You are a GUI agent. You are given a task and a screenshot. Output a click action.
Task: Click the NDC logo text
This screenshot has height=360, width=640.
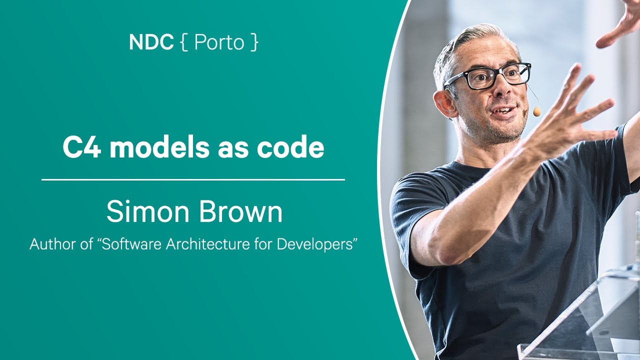coord(151,42)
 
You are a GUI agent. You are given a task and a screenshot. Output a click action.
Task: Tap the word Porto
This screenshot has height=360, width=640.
coord(219,42)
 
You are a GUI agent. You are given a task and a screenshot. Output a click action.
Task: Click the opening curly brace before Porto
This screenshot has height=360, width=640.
coord(184,42)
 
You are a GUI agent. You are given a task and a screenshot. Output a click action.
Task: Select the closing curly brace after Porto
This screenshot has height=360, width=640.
coord(254,42)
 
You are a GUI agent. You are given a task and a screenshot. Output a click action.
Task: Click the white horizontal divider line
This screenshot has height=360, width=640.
coord(193,179)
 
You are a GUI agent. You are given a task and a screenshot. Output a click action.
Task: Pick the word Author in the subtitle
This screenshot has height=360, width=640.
coord(53,244)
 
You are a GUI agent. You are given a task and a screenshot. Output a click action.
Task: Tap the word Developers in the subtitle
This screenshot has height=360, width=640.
coord(315,245)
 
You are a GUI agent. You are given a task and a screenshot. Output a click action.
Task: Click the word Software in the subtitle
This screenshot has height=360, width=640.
coord(131,244)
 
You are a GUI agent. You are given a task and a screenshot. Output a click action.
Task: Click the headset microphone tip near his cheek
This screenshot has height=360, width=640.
coord(536,111)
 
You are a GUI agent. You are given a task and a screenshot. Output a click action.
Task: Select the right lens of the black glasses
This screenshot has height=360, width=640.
coord(517,73)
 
